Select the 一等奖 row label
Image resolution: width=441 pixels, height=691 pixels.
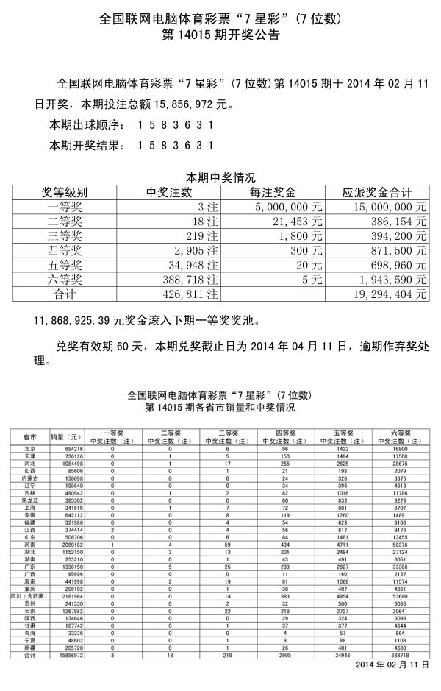[x=65, y=208]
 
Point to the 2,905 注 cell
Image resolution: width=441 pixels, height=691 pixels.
[x=192, y=251]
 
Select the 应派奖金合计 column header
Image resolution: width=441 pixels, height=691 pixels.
[x=377, y=193]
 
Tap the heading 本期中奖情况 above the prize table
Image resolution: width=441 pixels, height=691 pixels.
[x=220, y=178]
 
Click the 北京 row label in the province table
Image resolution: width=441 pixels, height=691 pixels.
[x=30, y=448]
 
